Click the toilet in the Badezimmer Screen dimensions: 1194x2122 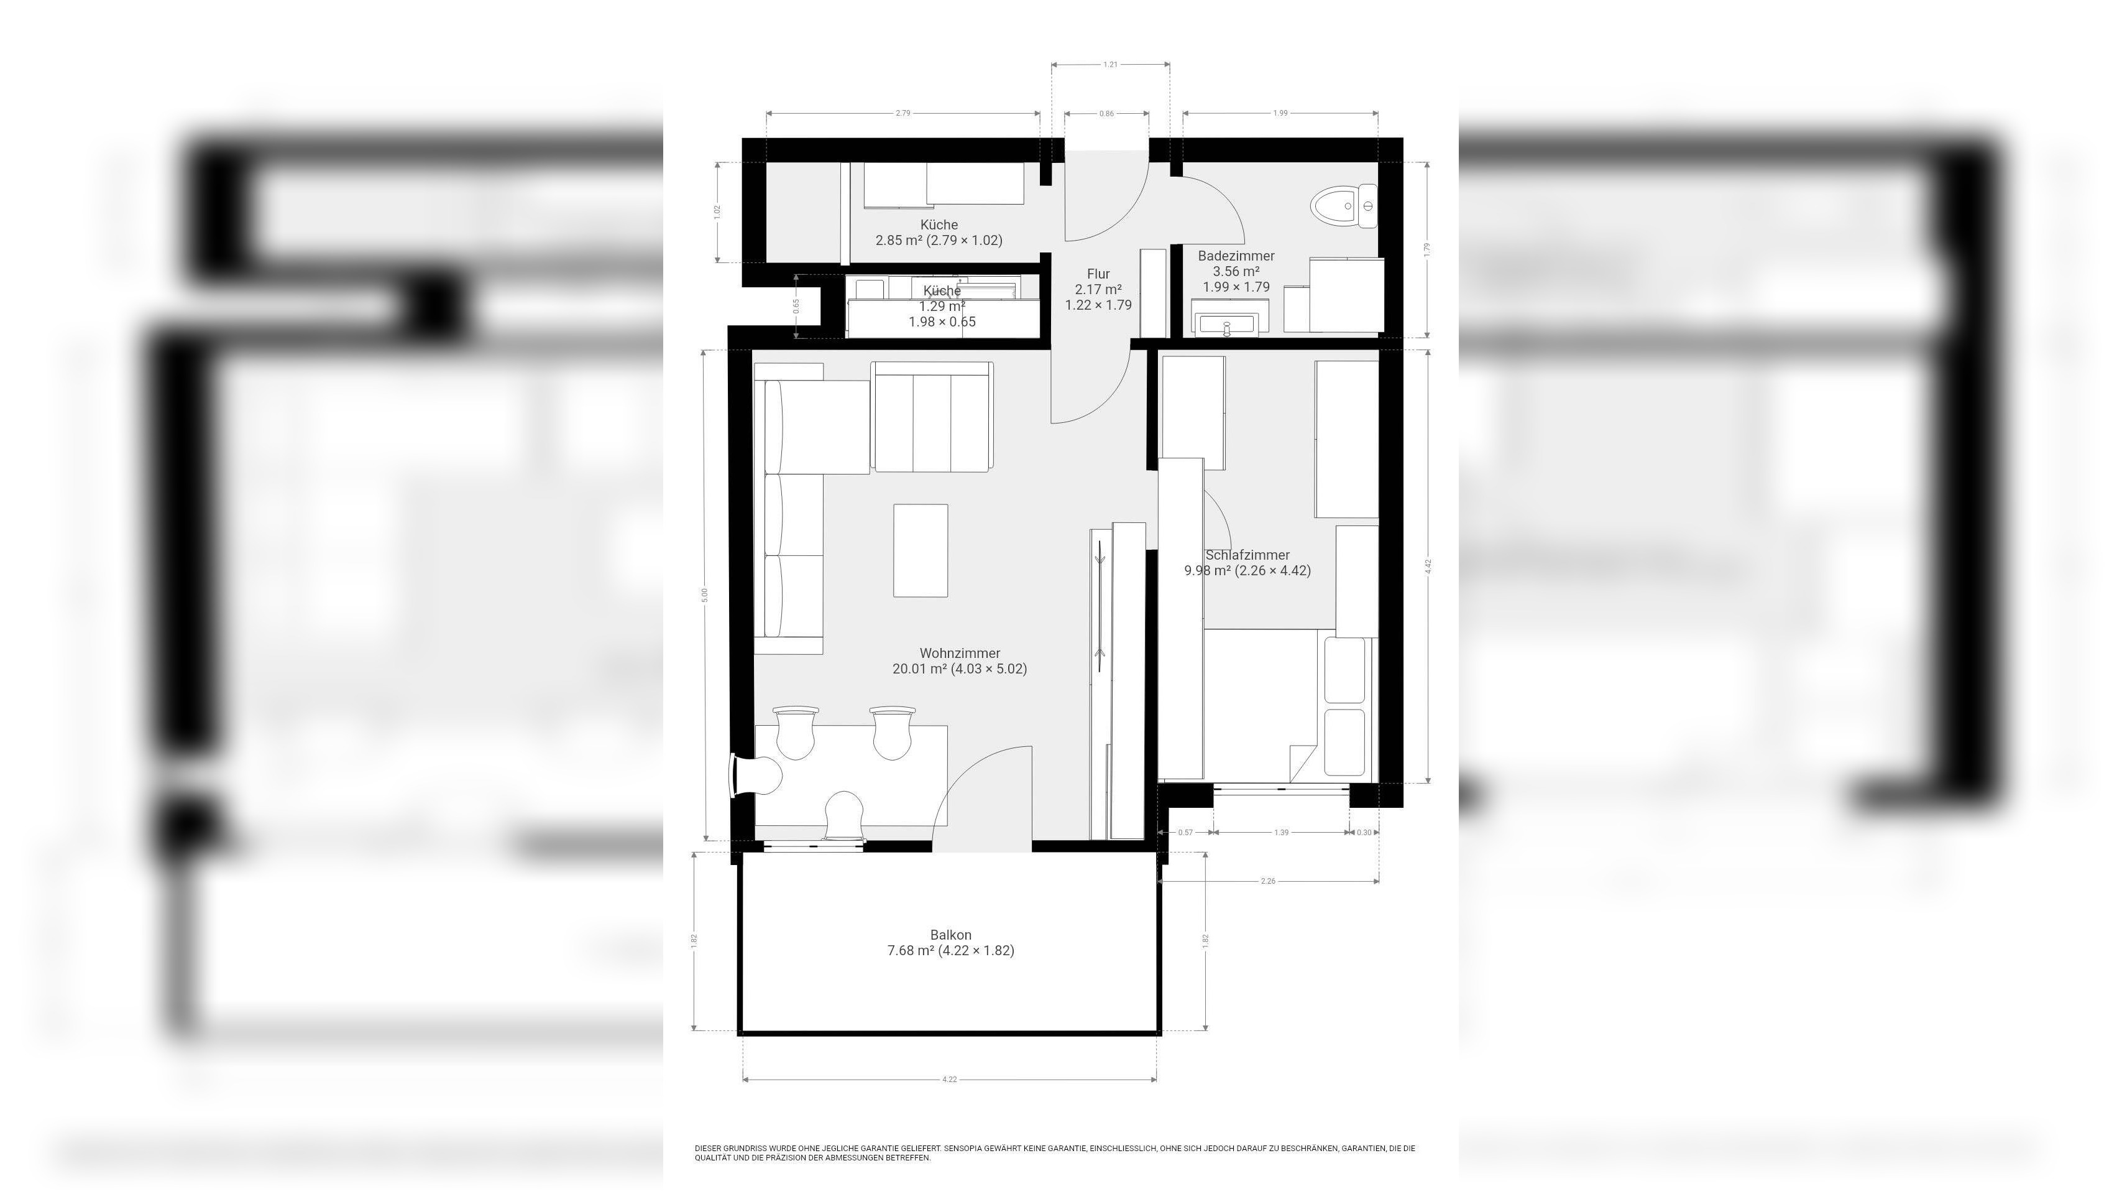(x=1342, y=206)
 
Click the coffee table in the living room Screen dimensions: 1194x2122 (x=920, y=550)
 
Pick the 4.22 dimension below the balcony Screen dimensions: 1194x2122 (x=950, y=1080)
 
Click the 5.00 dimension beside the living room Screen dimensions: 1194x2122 (x=704, y=593)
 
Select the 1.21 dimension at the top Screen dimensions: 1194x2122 (x=1111, y=64)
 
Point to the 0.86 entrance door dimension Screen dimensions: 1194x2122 (x=1106, y=114)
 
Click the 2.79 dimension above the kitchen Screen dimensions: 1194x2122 (x=903, y=114)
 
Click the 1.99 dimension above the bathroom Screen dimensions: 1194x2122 (x=1280, y=114)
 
